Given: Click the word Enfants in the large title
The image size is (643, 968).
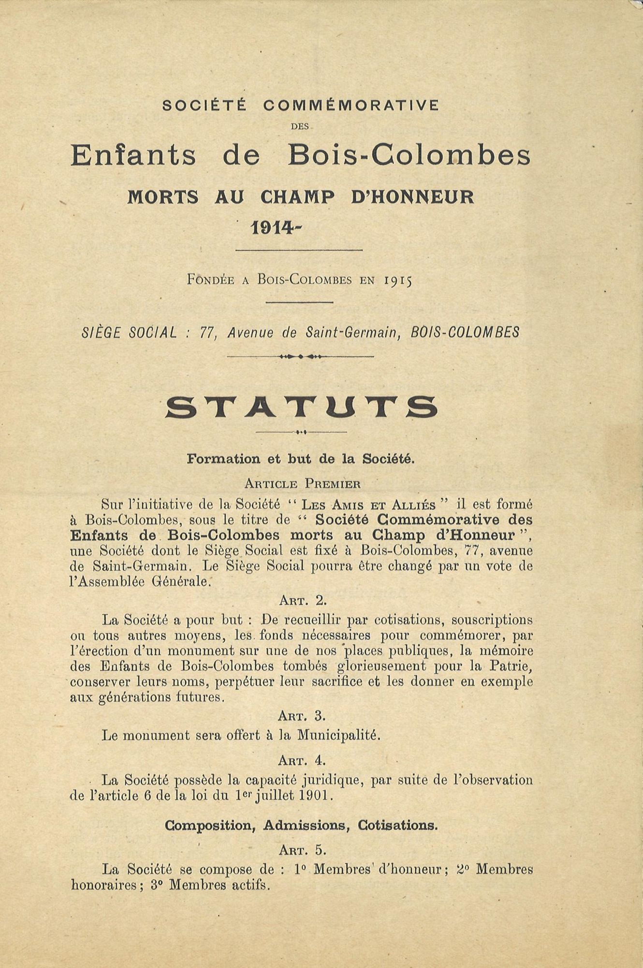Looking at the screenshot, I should click(x=133, y=155).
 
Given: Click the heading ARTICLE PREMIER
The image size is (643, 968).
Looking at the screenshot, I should click(x=302, y=483).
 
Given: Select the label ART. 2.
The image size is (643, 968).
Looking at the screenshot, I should click(x=303, y=600).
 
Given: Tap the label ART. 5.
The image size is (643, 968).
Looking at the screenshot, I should click(x=302, y=849).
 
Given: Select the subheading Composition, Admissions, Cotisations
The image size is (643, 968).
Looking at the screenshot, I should click(x=301, y=826).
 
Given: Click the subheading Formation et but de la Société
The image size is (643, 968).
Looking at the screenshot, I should click(x=301, y=459).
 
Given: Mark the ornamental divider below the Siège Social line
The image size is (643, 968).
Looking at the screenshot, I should click(x=300, y=357).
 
